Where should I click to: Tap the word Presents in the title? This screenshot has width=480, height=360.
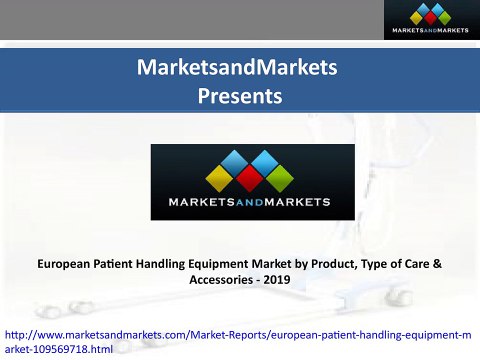tap(240, 97)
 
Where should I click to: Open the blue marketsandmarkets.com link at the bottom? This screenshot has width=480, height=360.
tap(100, 334)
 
